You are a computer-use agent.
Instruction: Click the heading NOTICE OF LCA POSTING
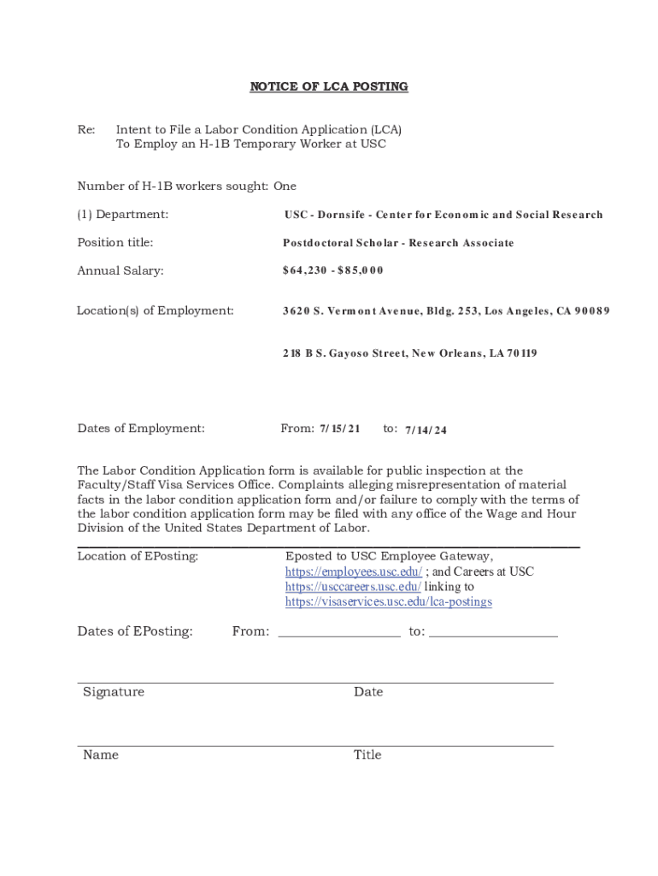(328, 86)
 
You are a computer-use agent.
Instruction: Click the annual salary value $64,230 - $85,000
(333, 270)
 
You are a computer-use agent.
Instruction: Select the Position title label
(115, 242)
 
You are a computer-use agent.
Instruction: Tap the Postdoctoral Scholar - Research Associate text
(398, 243)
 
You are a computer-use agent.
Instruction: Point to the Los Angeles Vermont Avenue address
(446, 311)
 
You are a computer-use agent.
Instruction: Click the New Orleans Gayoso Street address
(409, 352)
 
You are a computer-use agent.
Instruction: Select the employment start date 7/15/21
(340, 428)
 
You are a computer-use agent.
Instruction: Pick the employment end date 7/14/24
(426, 429)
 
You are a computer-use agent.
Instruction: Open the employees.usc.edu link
(353, 571)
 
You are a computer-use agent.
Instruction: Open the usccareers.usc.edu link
(353, 587)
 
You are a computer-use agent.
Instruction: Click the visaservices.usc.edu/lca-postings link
(389, 602)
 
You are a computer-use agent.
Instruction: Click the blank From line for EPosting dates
(338, 633)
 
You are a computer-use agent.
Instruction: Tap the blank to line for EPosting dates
(493, 633)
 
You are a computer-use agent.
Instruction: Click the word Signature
(114, 691)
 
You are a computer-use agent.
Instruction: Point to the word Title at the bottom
(367, 755)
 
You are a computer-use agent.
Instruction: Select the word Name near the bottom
(101, 755)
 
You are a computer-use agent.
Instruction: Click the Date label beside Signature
(368, 691)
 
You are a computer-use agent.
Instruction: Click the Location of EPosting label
(138, 556)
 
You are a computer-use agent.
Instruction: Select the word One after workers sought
(285, 186)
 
